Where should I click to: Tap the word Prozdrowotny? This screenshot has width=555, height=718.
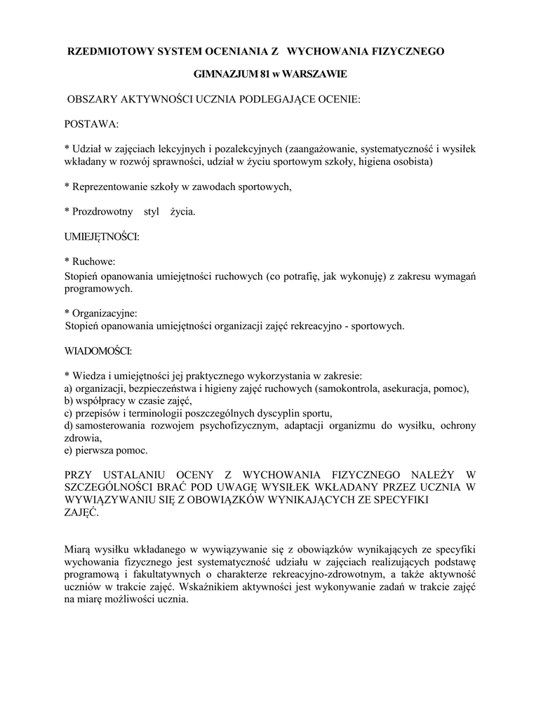[x=101, y=211]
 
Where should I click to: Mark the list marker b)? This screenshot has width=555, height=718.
[x=69, y=400]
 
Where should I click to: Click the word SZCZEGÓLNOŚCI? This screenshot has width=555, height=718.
[x=114, y=486]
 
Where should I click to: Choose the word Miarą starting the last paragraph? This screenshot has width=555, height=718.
[x=78, y=550]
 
